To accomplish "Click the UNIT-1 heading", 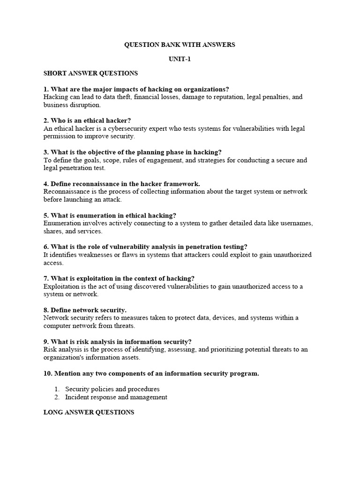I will [x=180, y=59].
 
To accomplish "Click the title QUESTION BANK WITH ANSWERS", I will [x=180, y=45].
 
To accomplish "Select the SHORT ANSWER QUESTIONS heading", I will [x=90, y=74].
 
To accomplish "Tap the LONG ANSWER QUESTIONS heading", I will [x=89, y=412].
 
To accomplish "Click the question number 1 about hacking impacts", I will [x=46, y=89].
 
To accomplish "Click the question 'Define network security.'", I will [x=85, y=310].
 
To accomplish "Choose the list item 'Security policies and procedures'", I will [x=112, y=389].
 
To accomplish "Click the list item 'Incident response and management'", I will [x=116, y=397].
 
